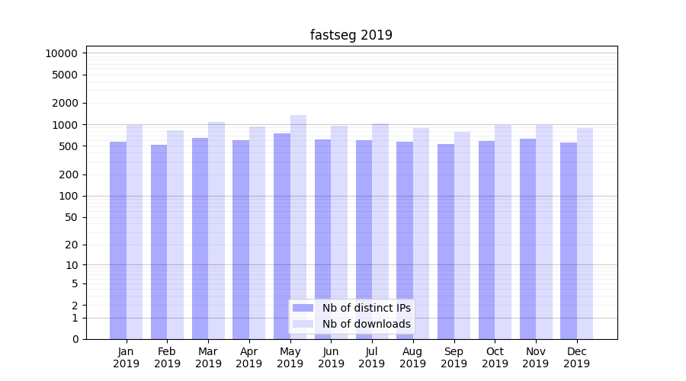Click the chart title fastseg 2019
point(351,35)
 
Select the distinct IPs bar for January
point(118,240)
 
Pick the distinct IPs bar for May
point(282,236)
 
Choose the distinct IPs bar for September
point(446,242)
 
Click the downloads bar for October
point(503,232)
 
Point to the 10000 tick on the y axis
point(62,53)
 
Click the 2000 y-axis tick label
point(65,103)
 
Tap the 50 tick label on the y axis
point(70,217)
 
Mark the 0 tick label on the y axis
point(75,339)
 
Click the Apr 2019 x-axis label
point(249,357)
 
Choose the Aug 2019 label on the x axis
point(413,357)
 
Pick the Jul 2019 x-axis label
point(372,357)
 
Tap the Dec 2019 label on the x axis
point(577,357)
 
